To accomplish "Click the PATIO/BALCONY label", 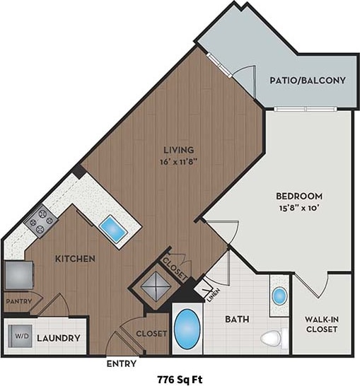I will click(308, 81).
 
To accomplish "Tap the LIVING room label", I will click(178, 149).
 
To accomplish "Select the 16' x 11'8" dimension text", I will click(178, 160).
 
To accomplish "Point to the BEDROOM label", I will click(300, 196).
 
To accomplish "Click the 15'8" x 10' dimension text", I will click(300, 208).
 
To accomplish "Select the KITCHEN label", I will click(75, 259).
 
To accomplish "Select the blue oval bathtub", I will click(187, 328).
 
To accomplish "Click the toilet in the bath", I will click(272, 338).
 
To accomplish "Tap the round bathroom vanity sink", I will click(279, 295).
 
